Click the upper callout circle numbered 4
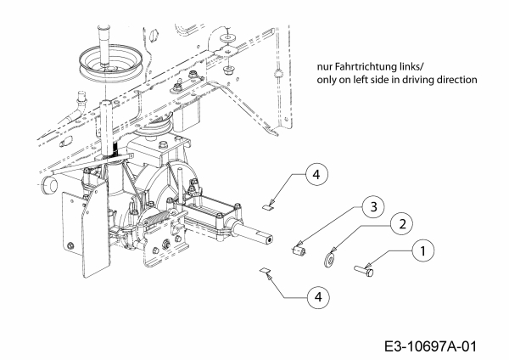315,175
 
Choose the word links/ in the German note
416,66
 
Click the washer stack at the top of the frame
228,41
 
